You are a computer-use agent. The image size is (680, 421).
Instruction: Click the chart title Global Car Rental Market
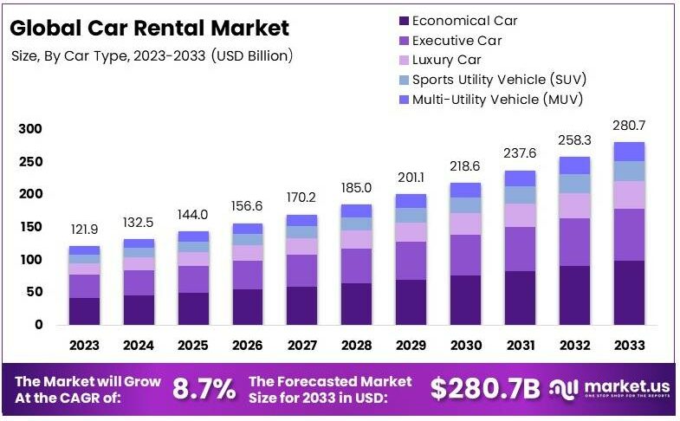tap(149, 28)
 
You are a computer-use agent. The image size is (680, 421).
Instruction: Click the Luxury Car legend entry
tap(446, 60)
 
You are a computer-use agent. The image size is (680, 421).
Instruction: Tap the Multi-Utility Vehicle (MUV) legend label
tap(497, 99)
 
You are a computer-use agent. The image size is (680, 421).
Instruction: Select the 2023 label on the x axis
tap(85, 346)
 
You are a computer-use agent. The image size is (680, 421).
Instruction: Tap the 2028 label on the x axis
tap(357, 346)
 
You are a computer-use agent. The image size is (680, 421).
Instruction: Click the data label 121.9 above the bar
tap(85, 230)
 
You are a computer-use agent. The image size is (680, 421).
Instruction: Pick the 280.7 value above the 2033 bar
tap(630, 126)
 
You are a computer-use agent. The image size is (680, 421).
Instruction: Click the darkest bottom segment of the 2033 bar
tap(630, 292)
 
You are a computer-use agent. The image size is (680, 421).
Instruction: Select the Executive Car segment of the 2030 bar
tap(466, 255)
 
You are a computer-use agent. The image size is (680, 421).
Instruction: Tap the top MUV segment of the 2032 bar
tap(575, 165)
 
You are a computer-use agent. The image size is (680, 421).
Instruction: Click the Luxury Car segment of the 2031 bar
tap(521, 215)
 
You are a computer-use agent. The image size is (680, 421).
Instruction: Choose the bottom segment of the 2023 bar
tap(85, 311)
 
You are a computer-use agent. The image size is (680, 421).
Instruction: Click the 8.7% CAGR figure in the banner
tap(204, 390)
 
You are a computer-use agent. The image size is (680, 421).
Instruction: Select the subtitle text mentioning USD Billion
tap(152, 56)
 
